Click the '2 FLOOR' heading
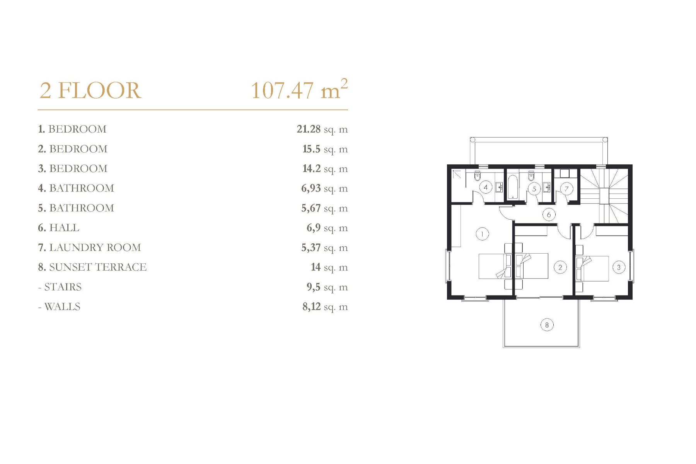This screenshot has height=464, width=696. click(90, 90)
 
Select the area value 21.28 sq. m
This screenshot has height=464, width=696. click(322, 129)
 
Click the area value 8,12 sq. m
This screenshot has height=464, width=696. click(325, 307)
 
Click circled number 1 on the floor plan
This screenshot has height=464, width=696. click(482, 234)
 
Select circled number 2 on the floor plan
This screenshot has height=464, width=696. click(560, 267)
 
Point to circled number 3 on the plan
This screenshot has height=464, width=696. click(619, 267)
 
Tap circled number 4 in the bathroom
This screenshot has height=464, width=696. click(486, 188)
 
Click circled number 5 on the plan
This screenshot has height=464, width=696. click(534, 189)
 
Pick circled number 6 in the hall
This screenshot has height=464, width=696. click(549, 215)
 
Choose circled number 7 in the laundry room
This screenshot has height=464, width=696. click(567, 189)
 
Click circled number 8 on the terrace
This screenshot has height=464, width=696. click(547, 325)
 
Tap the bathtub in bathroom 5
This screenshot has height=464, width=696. click(513, 188)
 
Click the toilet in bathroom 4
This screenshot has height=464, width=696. click(477, 176)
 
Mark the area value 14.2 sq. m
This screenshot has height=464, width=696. click(325, 169)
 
